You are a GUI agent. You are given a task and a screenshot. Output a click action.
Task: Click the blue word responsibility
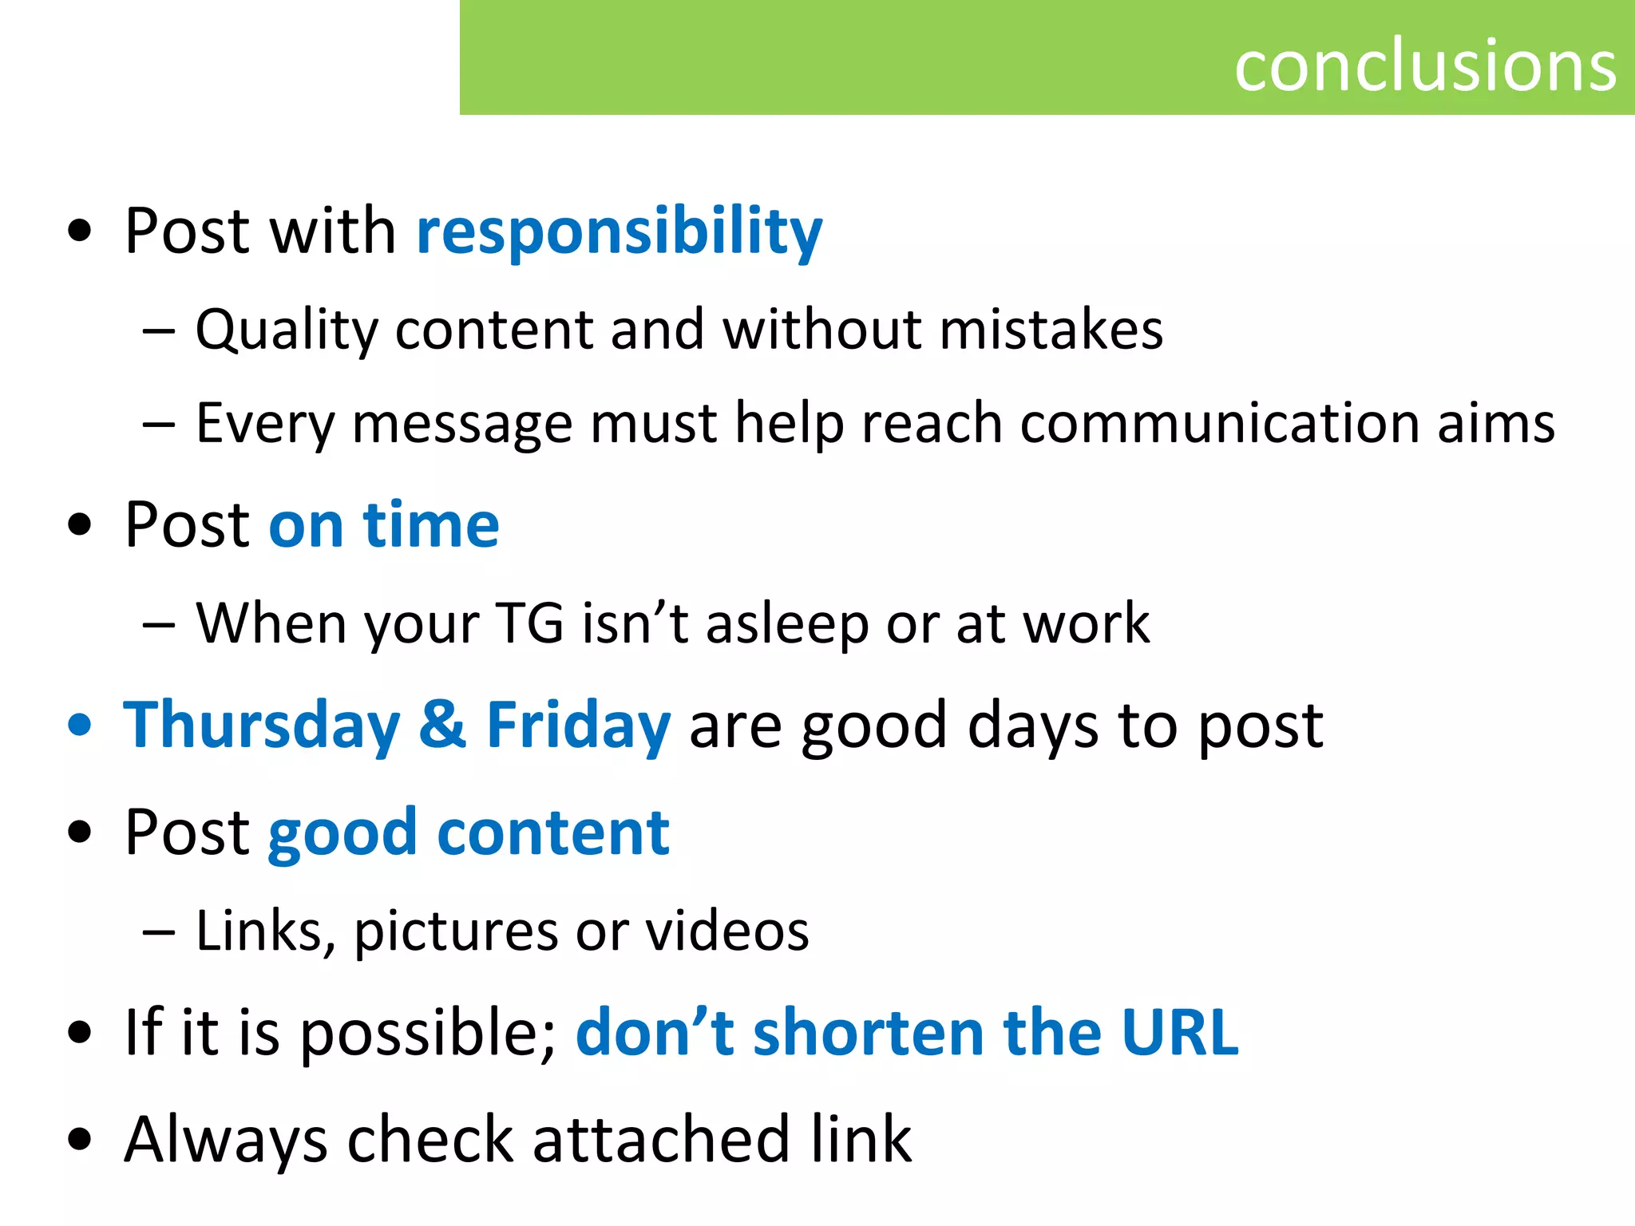[x=620, y=231]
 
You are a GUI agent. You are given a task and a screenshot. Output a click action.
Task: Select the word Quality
[x=286, y=330]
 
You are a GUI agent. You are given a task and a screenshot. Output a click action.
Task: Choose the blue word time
[x=431, y=525]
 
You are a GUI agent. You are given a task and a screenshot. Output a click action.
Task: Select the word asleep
[x=787, y=624]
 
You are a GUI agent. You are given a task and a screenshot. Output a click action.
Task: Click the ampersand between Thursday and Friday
[x=443, y=725]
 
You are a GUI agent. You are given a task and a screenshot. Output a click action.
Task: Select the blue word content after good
[x=553, y=832]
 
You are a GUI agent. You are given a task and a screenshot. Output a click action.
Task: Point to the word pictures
[x=456, y=931]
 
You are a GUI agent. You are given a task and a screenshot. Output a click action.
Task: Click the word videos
[x=727, y=931]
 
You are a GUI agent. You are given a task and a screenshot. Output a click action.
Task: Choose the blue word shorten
[x=869, y=1032]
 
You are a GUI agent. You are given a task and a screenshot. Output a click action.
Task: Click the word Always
[x=226, y=1140]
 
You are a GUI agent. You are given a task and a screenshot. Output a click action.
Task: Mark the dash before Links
[x=159, y=931]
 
